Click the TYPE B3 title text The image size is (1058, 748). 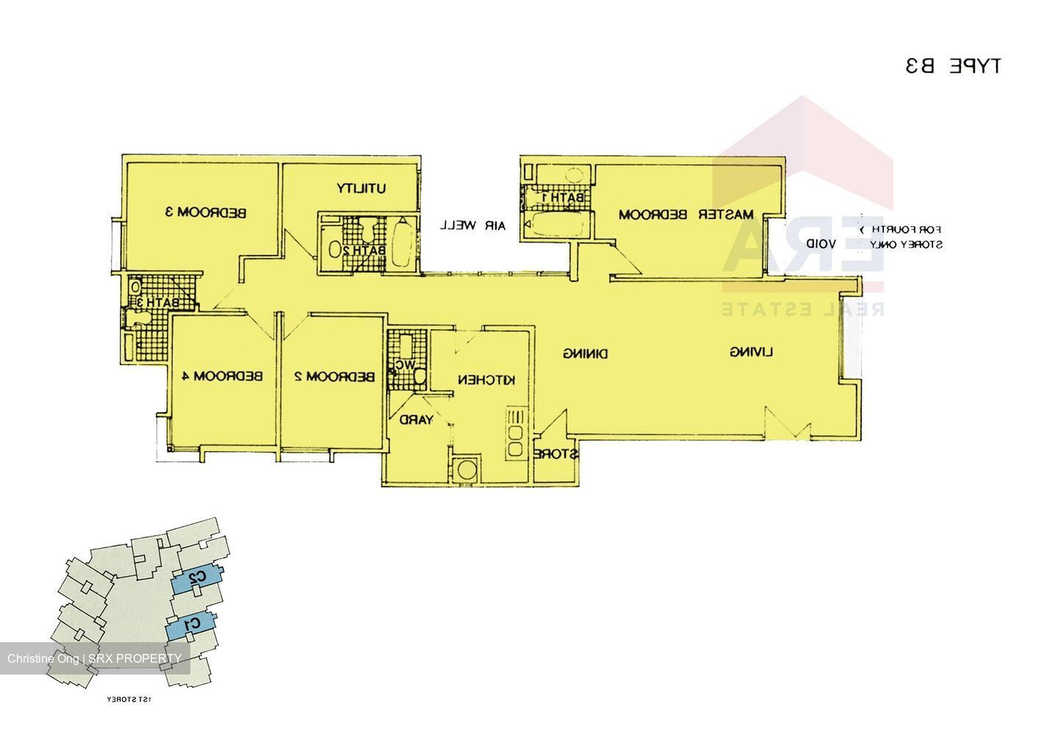coord(953,66)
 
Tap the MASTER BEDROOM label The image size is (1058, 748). coord(686,215)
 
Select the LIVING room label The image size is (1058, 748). coord(752,353)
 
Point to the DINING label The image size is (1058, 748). coord(586,353)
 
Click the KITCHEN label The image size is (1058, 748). coord(486,380)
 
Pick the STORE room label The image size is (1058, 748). coord(556,454)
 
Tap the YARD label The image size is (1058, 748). coord(416,420)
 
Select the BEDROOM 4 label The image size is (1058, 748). coord(223,376)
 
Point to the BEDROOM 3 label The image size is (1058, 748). coord(205,213)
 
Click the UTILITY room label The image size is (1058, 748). coord(361,188)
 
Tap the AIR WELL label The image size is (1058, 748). coord(472,226)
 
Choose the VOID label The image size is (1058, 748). coord(821,243)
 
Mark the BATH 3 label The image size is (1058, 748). coord(156,303)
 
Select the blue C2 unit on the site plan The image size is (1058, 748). coord(196,578)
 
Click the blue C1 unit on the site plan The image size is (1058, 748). coord(190,625)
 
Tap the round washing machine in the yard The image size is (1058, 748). coord(464,470)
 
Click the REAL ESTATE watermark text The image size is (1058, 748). coord(802,309)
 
